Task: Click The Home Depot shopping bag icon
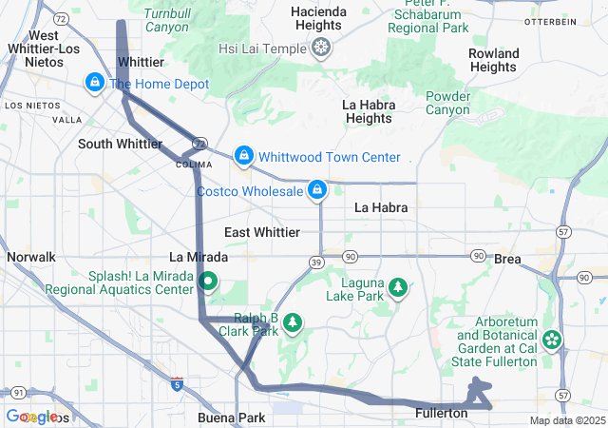coord(94,84)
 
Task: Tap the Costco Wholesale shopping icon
coord(317,191)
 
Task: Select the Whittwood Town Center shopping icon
coord(244,155)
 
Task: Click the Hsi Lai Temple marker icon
coord(322,48)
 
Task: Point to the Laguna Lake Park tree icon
coord(398,286)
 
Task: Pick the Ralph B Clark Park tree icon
coord(293,324)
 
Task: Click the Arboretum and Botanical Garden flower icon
coord(552,340)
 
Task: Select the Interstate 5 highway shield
coord(177,383)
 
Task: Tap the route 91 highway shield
coord(19,392)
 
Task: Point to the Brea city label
coord(507,259)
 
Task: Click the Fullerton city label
coord(442,414)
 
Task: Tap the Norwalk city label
coord(31,257)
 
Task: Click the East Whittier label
coord(262,232)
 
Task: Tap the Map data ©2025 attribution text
coord(566,420)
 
